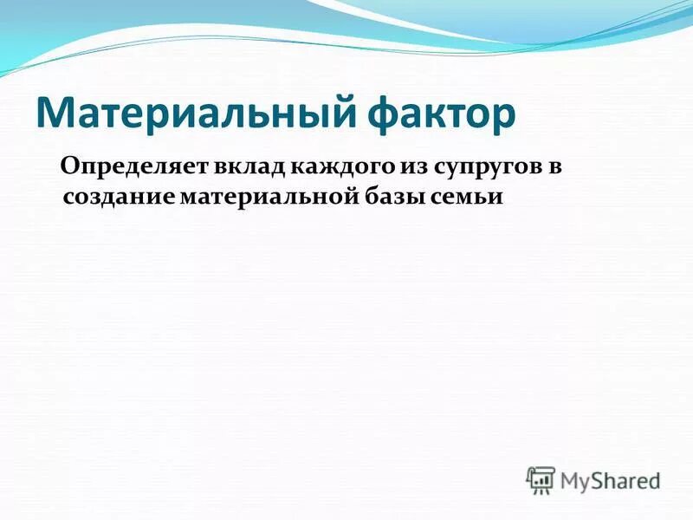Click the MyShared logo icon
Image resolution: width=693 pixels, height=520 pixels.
pos(541,479)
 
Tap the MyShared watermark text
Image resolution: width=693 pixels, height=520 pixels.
pos(610,479)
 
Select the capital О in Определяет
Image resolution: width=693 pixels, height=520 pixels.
pos(69,166)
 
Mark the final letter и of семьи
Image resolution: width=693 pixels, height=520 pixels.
pos(495,197)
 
